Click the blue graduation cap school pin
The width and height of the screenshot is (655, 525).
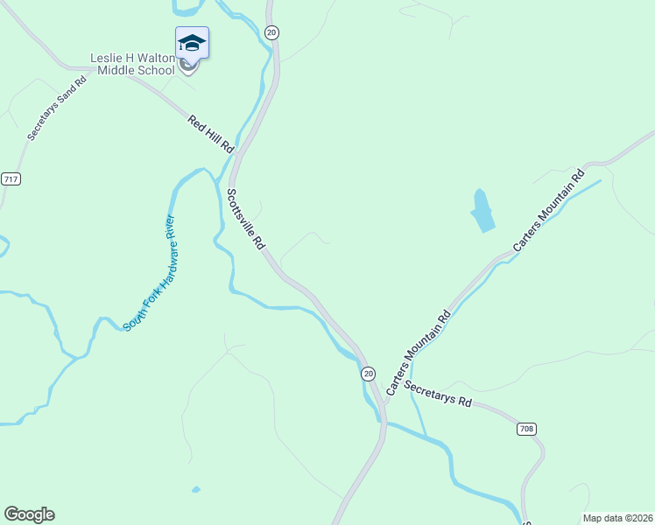192,42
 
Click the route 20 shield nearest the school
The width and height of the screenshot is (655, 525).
271,32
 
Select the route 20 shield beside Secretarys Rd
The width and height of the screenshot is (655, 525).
368,373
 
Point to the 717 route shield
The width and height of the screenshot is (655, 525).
11,178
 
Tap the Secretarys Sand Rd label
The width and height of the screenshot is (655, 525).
57,108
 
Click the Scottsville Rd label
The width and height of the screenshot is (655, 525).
245,219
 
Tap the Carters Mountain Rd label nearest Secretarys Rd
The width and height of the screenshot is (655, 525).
418,352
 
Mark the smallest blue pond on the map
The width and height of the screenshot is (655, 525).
195,489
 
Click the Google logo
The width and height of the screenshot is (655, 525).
29,514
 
